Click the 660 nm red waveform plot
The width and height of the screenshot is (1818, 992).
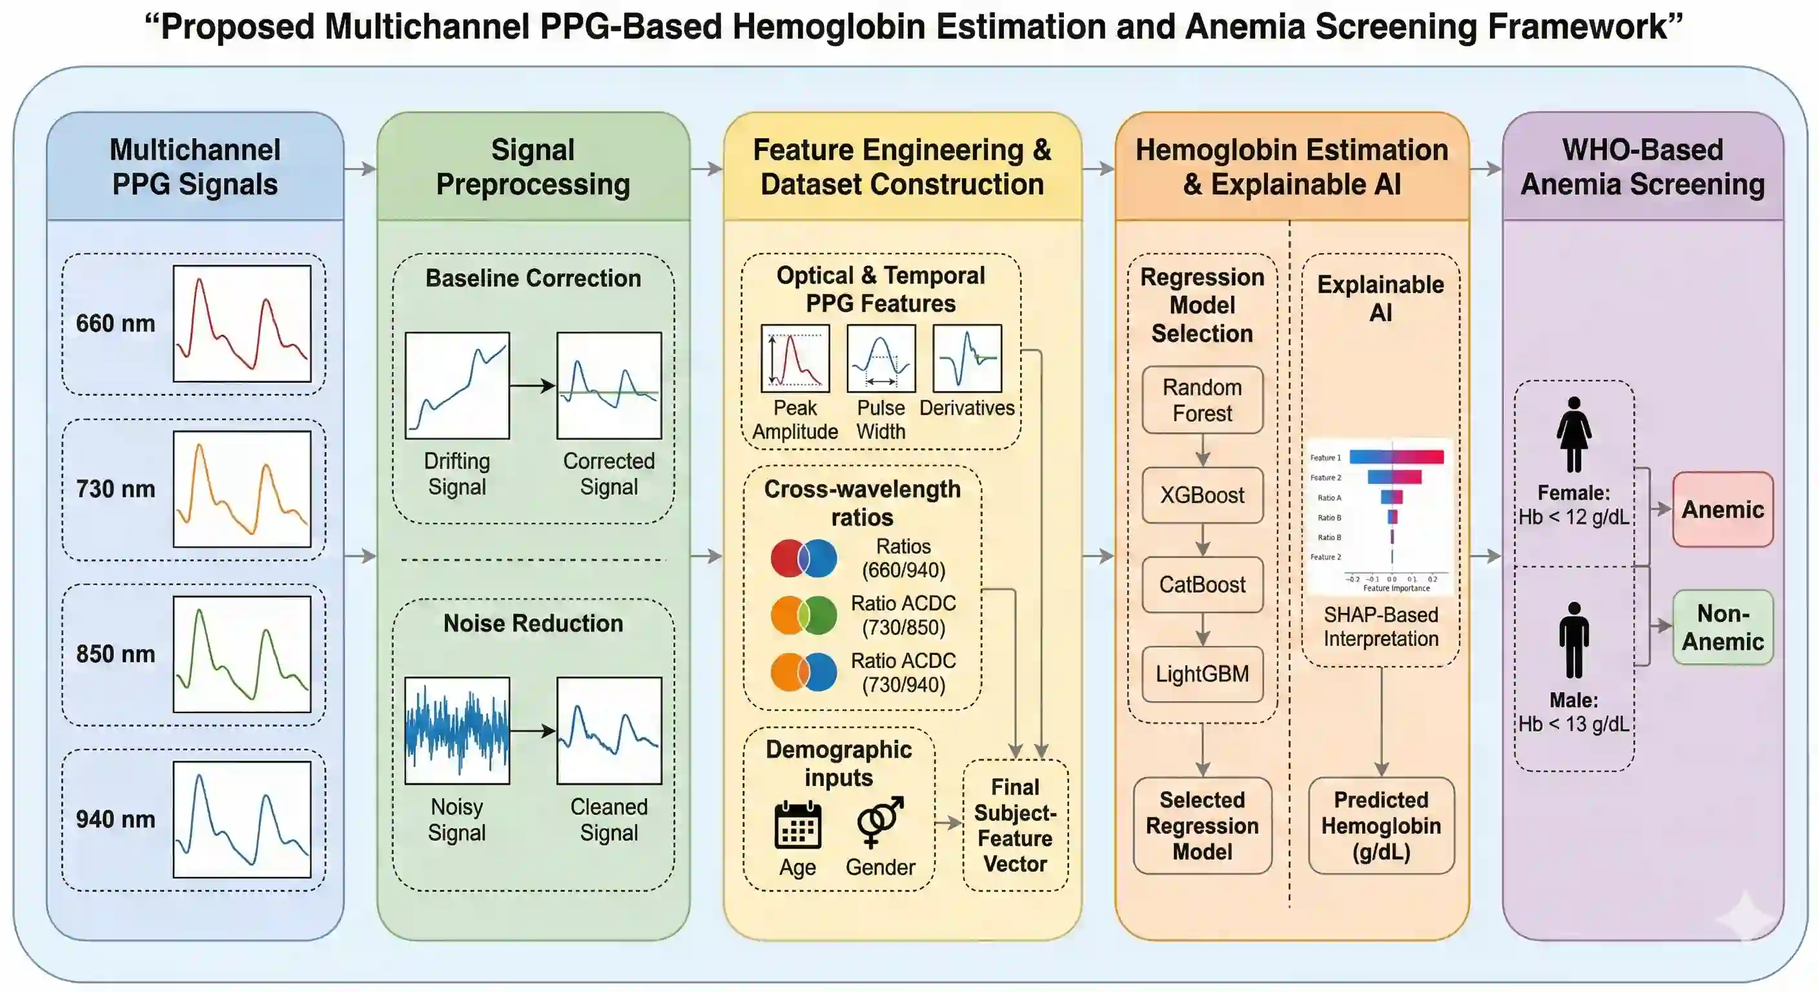coord(241,324)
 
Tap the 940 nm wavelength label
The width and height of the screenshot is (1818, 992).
coord(116,819)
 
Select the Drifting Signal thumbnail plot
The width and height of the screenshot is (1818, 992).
coord(456,386)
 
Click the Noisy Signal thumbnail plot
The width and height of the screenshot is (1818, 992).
coord(456,730)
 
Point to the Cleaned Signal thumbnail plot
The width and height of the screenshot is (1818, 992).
coord(609,730)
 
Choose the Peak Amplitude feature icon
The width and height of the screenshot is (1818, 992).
coord(795,358)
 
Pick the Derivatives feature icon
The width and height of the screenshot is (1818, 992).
coord(967,358)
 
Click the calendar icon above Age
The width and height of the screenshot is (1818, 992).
coord(797,825)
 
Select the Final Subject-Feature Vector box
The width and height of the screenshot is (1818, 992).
coord(1015,825)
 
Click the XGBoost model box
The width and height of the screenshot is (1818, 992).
coord(1202,495)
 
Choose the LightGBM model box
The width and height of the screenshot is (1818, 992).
coord(1202,674)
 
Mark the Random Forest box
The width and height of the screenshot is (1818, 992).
coord(1202,400)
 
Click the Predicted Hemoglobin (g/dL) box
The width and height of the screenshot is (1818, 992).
coord(1381,825)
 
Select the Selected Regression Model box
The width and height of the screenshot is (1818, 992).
coord(1202,825)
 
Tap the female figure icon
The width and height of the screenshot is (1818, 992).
coord(1573,433)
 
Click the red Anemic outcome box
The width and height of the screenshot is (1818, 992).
coord(1722,509)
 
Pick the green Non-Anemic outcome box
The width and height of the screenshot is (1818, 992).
coord(1722,627)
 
